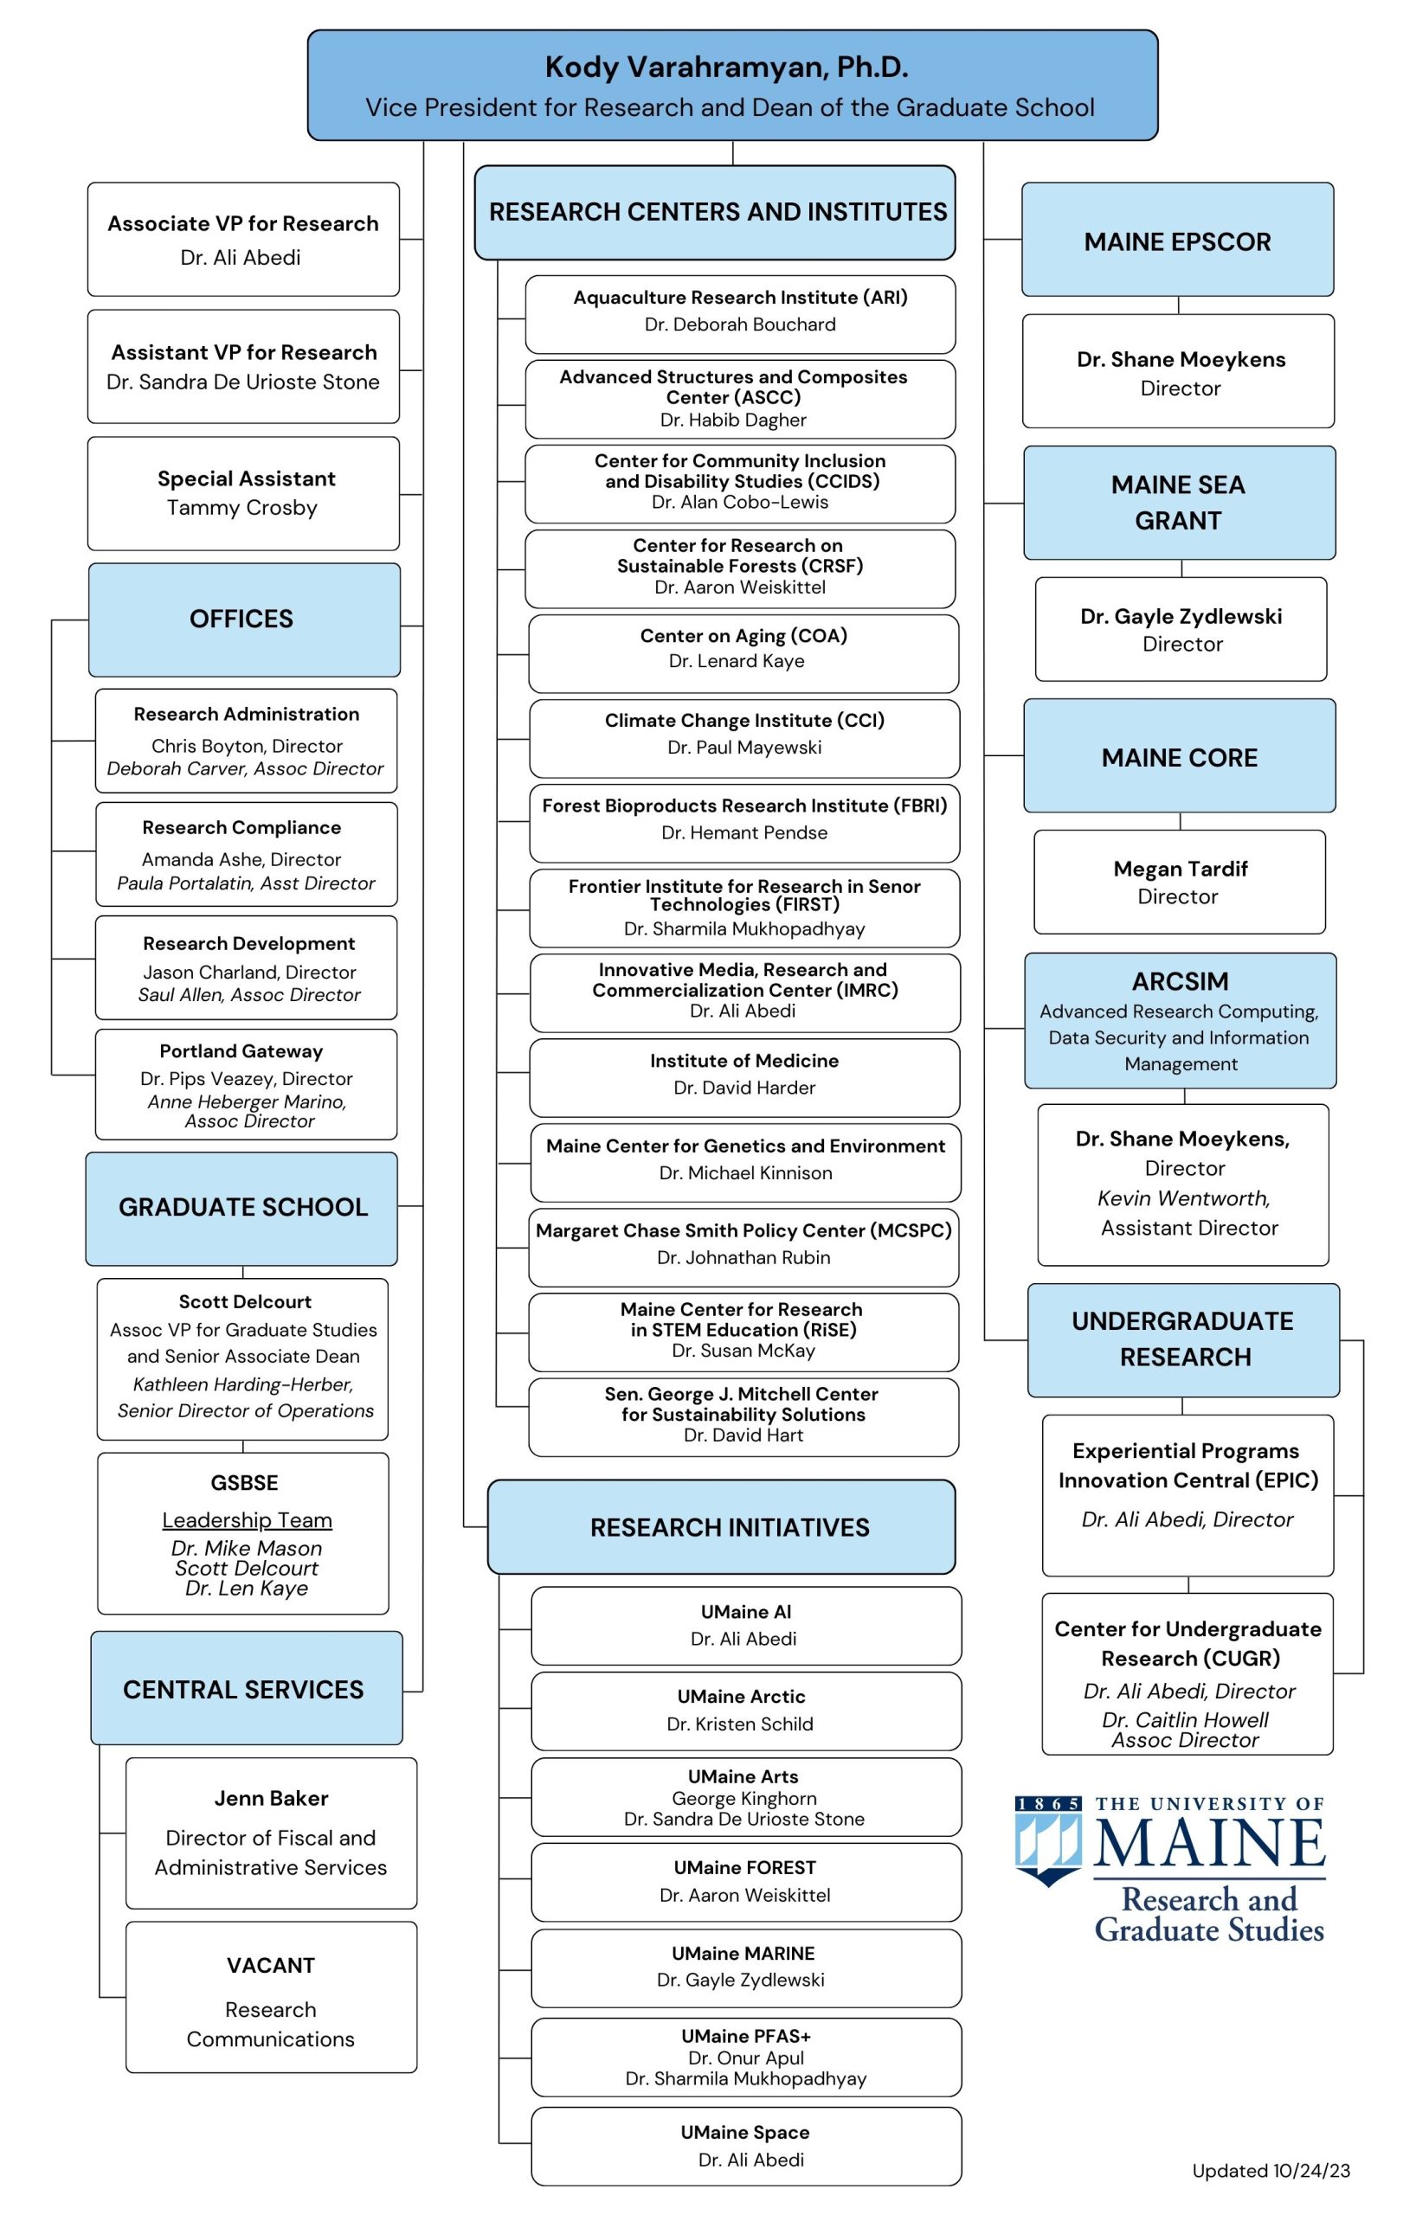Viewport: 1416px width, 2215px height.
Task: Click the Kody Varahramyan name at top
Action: [x=726, y=67]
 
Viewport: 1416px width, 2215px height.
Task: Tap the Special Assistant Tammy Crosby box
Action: [x=243, y=493]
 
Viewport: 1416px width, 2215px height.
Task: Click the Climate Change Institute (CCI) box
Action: [x=743, y=735]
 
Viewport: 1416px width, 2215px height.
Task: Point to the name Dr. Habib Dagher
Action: [x=732, y=420]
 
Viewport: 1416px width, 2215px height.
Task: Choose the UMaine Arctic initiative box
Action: [x=745, y=1710]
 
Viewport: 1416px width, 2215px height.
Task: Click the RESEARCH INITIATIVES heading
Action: [x=729, y=1527]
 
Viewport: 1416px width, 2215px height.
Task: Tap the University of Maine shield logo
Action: [x=1048, y=1840]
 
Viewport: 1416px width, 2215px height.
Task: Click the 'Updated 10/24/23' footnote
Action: [x=1271, y=2170]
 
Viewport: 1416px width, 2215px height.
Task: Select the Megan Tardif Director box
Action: [x=1179, y=881]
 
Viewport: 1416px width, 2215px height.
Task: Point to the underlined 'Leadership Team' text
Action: [x=247, y=1519]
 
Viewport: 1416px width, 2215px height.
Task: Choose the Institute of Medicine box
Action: [x=743, y=1075]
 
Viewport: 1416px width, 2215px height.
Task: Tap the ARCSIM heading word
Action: [x=1180, y=981]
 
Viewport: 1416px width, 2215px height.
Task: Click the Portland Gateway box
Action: [x=246, y=1083]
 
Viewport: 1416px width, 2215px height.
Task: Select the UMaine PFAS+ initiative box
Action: [x=745, y=2057]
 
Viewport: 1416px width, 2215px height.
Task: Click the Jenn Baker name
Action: [x=271, y=1798]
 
